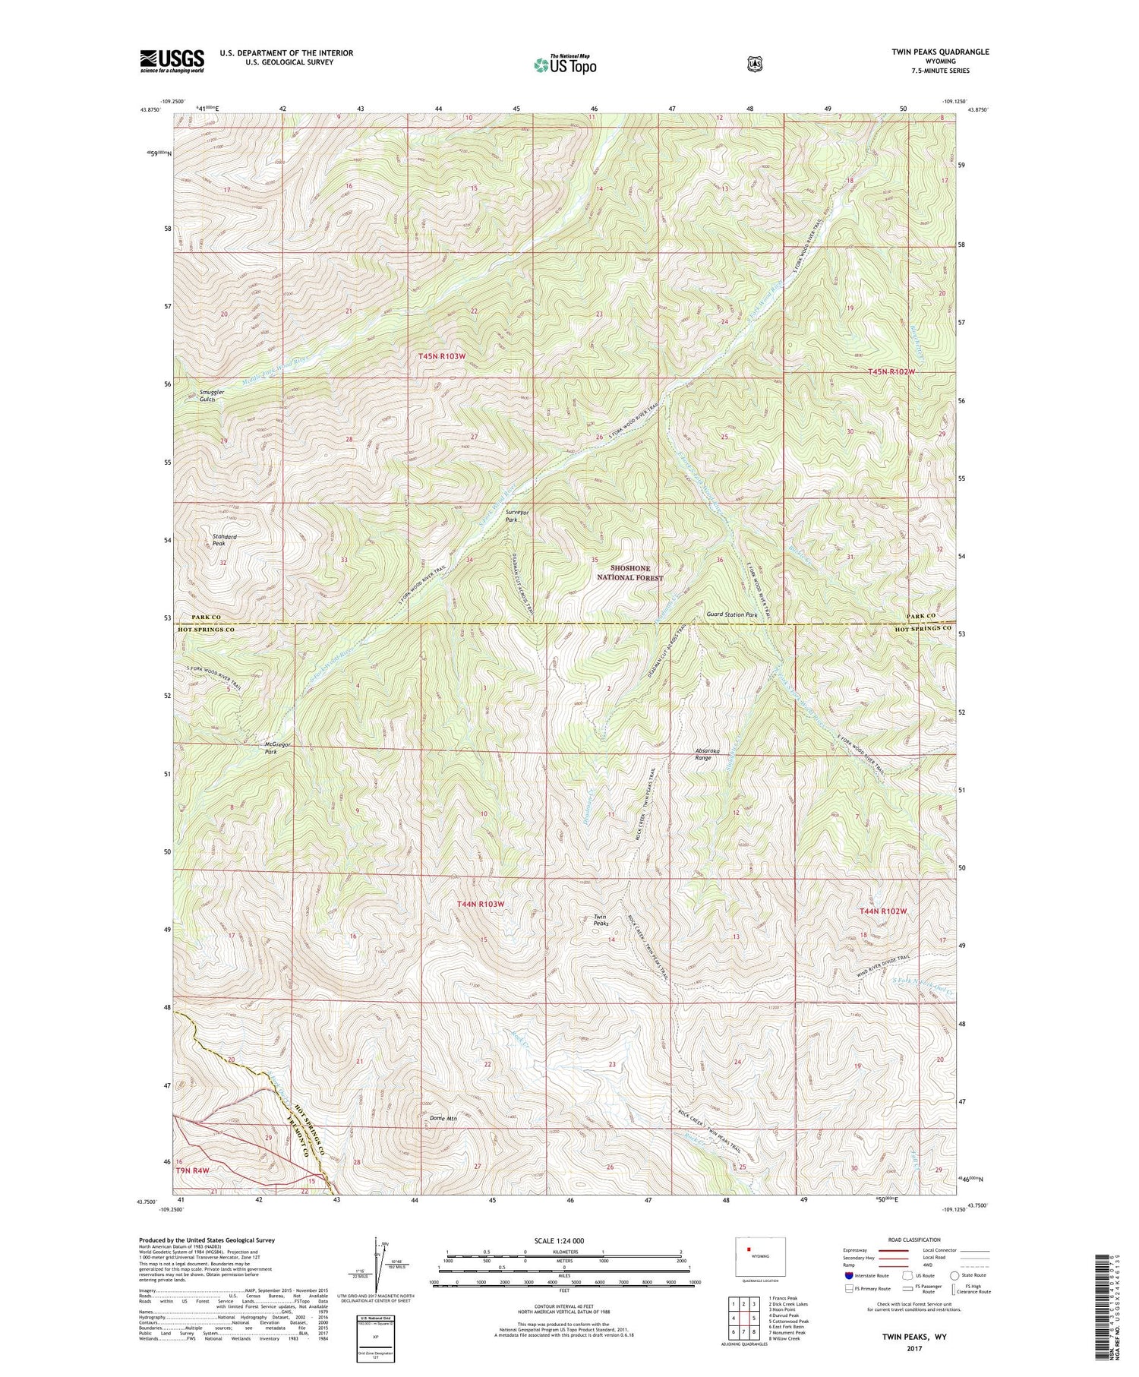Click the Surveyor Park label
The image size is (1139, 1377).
click(x=516, y=516)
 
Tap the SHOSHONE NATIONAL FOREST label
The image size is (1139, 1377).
click(x=637, y=573)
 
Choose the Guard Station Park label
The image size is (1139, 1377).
click(x=732, y=614)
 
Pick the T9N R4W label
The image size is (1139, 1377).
click(x=192, y=1170)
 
